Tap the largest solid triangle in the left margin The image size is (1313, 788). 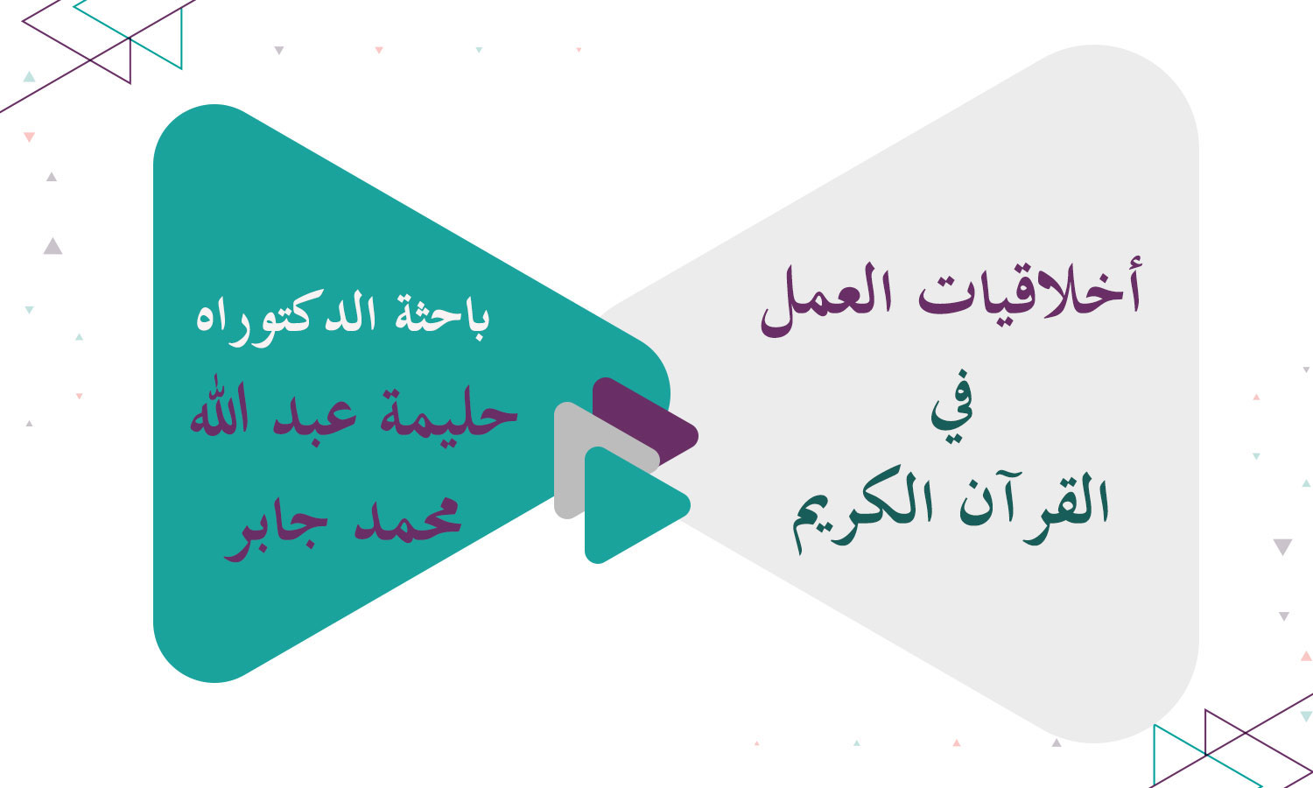coord(53,246)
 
